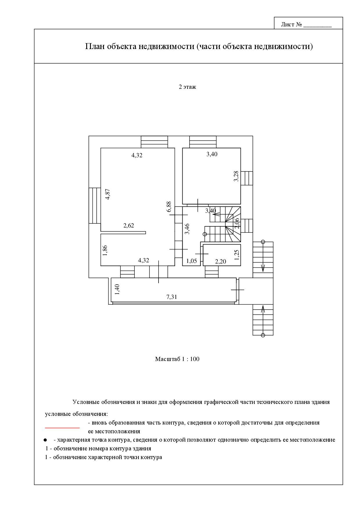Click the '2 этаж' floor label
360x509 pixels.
pyautogui.click(x=187, y=87)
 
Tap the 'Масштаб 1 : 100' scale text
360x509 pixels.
pyautogui.click(x=177, y=359)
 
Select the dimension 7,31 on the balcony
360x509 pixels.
pyautogui.click(x=172, y=297)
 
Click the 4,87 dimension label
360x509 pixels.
pyautogui.click(x=108, y=194)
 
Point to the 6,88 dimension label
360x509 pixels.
pyautogui.click(x=169, y=207)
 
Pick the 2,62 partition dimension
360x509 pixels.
pyautogui.click(x=129, y=225)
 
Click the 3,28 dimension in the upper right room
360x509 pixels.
pyautogui.click(x=236, y=176)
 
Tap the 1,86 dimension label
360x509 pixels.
pyautogui.click(x=105, y=250)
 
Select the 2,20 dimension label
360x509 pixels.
pyautogui.click(x=220, y=261)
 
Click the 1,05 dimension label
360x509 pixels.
pyautogui.click(x=192, y=261)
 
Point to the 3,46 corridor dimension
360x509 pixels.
pyautogui.click(x=187, y=229)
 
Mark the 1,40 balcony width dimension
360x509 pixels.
pyautogui.click(x=117, y=290)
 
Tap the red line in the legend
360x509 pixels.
pyautogui.click(x=62, y=427)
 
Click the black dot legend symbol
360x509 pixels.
pyautogui.click(x=45, y=440)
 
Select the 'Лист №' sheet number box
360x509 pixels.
pyautogui.click(x=308, y=24)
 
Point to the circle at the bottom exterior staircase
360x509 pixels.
pyautogui.click(x=263, y=335)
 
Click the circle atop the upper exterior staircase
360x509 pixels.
pyautogui.click(x=263, y=242)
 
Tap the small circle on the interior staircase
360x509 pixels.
pyautogui.click(x=205, y=234)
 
